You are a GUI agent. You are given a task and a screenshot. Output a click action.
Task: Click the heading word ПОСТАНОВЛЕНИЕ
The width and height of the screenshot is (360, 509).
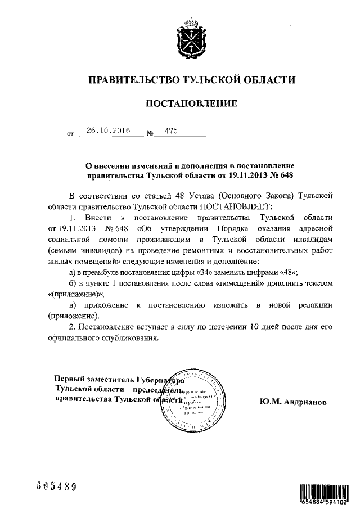[x=188, y=103]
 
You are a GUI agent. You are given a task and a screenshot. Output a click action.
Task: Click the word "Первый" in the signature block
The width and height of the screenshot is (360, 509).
[x=68, y=379]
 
